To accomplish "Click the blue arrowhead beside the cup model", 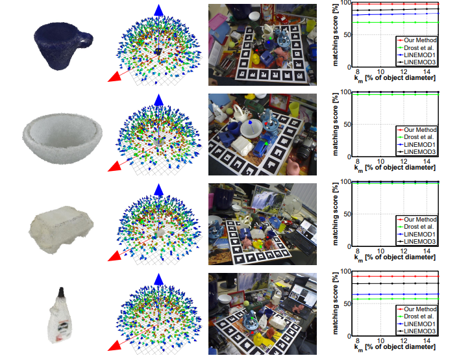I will coord(158,10).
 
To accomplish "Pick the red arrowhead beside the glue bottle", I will coord(114,345).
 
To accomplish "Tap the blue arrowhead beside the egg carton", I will coord(158,188).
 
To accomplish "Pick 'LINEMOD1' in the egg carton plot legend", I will coord(419,235).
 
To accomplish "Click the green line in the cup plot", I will coord(396,22).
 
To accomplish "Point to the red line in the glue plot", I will coord(396,276).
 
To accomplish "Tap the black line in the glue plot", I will coord(396,283).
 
